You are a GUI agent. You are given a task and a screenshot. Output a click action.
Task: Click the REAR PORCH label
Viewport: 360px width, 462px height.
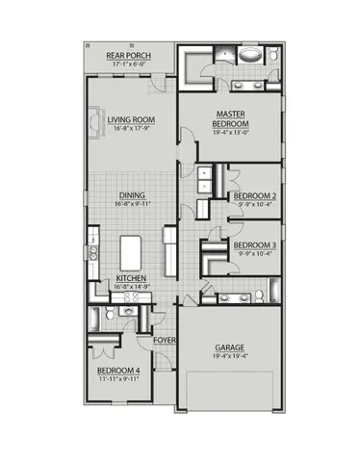pyautogui.click(x=127, y=54)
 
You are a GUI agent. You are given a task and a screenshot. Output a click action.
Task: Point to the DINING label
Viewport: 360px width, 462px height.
pyautogui.click(x=133, y=193)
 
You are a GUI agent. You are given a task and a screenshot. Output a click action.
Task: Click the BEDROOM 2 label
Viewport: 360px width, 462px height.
pyautogui.click(x=254, y=193)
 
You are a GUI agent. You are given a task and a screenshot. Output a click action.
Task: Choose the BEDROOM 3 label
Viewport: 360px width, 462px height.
pyautogui.click(x=254, y=244)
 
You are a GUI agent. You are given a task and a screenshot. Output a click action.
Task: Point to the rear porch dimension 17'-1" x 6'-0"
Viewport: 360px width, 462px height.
pyautogui.click(x=127, y=63)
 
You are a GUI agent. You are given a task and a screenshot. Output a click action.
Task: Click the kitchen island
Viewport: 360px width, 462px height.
pyautogui.click(x=132, y=253)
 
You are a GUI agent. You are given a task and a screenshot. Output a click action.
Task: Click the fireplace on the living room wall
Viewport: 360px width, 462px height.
pyautogui.click(x=90, y=123)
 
